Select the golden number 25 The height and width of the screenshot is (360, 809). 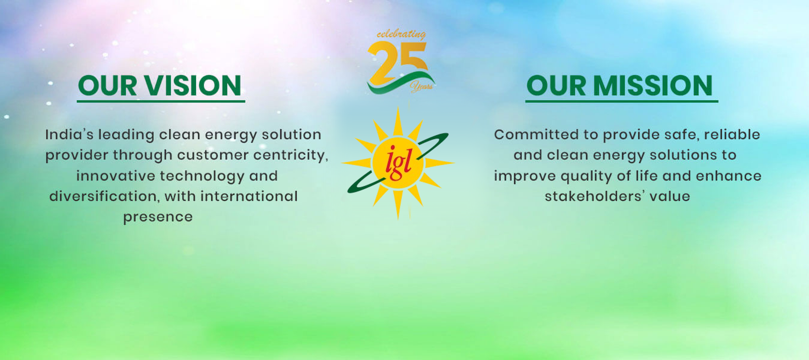tap(397, 63)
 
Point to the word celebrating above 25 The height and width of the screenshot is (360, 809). tap(401, 34)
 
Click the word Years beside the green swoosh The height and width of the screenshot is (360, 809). tap(422, 86)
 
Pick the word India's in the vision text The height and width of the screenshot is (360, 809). tap(69, 134)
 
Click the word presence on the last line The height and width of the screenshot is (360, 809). tap(158, 217)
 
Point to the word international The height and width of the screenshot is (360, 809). tap(249, 196)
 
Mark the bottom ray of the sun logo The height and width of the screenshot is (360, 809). tap(398, 204)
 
